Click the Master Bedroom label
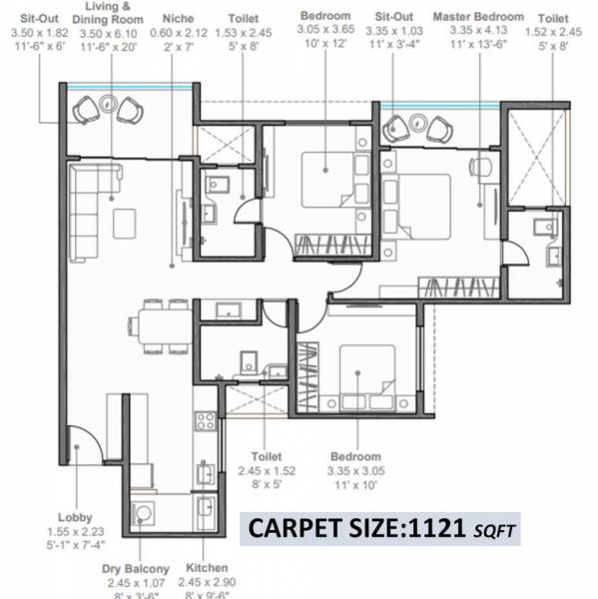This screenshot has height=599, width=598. click(x=479, y=17)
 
